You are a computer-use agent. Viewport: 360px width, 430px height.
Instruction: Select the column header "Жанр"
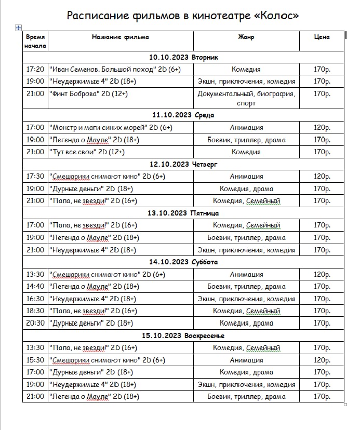tap(246, 37)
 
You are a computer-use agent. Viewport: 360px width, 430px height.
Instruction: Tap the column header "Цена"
tap(322, 37)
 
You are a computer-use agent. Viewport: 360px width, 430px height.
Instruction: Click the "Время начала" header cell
tap(35, 41)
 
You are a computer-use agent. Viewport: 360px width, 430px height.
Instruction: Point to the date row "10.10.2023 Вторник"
tap(183, 57)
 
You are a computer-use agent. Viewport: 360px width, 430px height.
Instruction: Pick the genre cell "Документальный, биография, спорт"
tap(246, 98)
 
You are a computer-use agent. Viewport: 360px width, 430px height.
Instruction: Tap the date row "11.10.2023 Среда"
tap(183, 115)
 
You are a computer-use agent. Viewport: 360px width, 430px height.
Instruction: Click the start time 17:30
tap(35, 177)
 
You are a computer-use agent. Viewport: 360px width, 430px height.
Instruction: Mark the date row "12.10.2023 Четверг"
tap(183, 164)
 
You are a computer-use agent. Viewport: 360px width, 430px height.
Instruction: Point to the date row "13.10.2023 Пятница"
tap(183, 213)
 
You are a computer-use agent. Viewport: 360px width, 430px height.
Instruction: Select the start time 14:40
tap(35, 287)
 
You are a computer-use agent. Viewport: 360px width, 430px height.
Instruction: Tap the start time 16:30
tap(35, 299)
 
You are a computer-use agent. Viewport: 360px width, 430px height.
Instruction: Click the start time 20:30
tap(35, 323)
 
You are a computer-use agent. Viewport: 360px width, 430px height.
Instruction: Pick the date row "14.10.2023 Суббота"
tap(183, 262)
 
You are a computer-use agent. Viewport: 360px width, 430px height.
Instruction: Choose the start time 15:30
tap(35, 360)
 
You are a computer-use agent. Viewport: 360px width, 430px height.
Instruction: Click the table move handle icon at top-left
tap(19, 28)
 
